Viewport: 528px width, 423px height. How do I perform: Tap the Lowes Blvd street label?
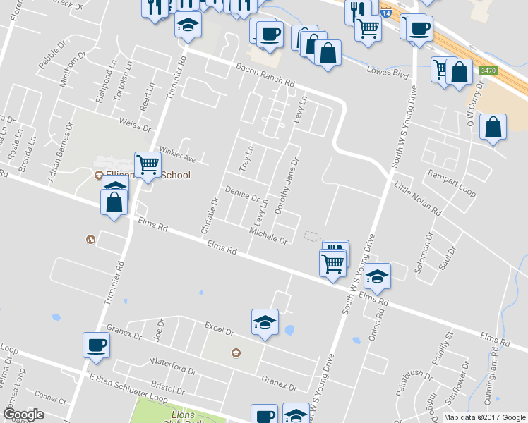[x=388, y=71]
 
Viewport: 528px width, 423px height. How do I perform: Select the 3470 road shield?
[x=488, y=70]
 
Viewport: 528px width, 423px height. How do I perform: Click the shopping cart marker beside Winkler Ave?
[x=148, y=166]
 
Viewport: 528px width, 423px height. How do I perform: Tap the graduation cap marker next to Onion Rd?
[x=378, y=276]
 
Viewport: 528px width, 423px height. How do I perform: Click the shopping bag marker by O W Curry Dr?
[x=493, y=127]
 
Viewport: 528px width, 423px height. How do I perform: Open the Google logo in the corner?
[x=23, y=415]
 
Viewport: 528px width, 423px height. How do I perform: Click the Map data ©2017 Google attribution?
[x=485, y=417]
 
